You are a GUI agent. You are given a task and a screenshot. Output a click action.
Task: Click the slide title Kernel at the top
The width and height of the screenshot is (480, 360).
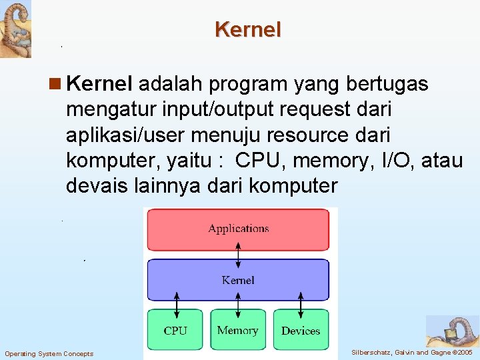pos(248,29)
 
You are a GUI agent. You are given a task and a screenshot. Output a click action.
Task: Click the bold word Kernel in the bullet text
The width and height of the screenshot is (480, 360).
pos(101,84)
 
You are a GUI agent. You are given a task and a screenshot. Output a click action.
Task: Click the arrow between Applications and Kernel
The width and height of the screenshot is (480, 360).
pos(238,253)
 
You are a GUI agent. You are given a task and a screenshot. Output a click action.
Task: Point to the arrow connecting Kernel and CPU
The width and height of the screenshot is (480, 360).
pos(175,305)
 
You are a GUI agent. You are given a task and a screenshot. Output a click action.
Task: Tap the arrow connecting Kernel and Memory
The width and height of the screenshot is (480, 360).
pos(238,305)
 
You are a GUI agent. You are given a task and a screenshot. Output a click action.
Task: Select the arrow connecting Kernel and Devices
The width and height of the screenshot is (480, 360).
pos(301,305)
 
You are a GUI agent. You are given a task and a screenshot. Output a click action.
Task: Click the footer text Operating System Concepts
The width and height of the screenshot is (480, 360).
pos(49,353)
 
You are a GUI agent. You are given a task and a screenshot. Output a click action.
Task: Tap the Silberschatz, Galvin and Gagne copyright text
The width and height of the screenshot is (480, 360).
pos(411,352)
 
